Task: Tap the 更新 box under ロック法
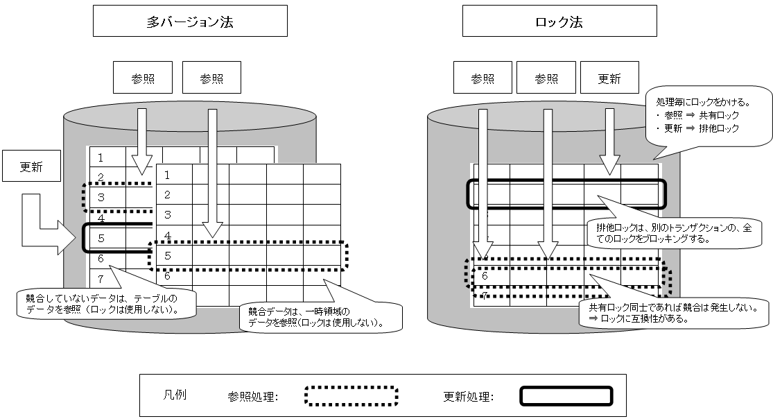click(x=609, y=78)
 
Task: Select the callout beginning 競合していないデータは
click(x=104, y=304)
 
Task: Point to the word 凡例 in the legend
click(x=173, y=395)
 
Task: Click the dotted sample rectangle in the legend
click(x=351, y=396)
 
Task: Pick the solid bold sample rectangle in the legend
click(x=566, y=396)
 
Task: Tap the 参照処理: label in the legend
click(x=252, y=397)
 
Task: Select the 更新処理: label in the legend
click(x=468, y=397)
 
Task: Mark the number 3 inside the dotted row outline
click(x=101, y=198)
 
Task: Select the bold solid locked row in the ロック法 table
click(x=566, y=194)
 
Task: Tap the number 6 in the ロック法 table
click(x=485, y=275)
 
